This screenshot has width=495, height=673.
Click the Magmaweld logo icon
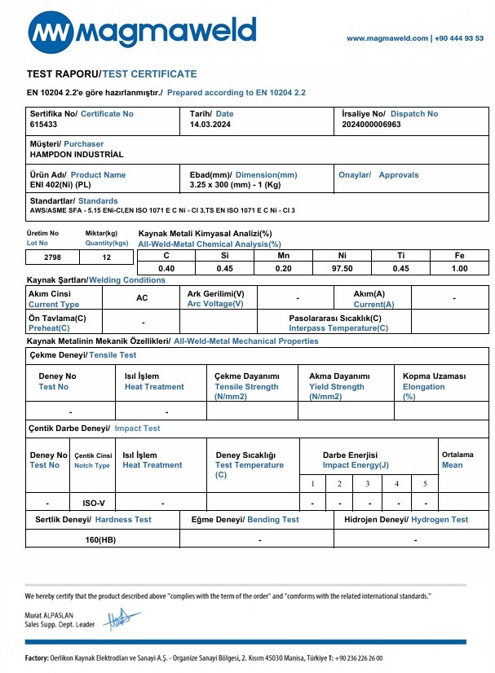pyautogui.click(x=52, y=33)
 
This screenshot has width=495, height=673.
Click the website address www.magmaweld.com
pyautogui.click(x=387, y=38)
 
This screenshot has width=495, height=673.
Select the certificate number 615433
pyautogui.click(x=43, y=125)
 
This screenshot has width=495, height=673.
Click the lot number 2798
pyautogui.click(x=52, y=257)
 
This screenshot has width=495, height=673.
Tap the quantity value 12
pyautogui.click(x=105, y=257)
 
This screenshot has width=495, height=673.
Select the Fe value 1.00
pyautogui.click(x=459, y=268)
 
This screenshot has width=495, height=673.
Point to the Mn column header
pyautogui.click(x=284, y=255)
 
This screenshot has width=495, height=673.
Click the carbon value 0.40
pyautogui.click(x=166, y=268)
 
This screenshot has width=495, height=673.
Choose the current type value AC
pyautogui.click(x=142, y=298)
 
